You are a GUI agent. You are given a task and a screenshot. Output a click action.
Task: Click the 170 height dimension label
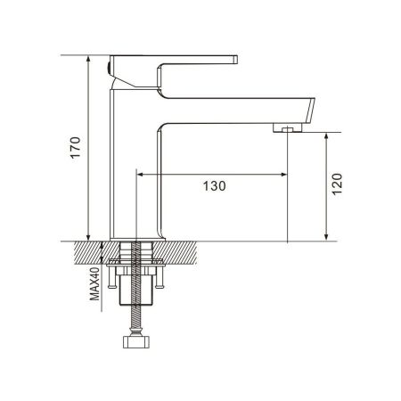(75, 148)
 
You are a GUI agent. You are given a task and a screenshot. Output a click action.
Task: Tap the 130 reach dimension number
(215, 186)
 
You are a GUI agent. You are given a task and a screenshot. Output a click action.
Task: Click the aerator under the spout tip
(284, 129)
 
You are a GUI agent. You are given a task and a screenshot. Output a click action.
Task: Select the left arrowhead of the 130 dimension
(141, 173)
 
